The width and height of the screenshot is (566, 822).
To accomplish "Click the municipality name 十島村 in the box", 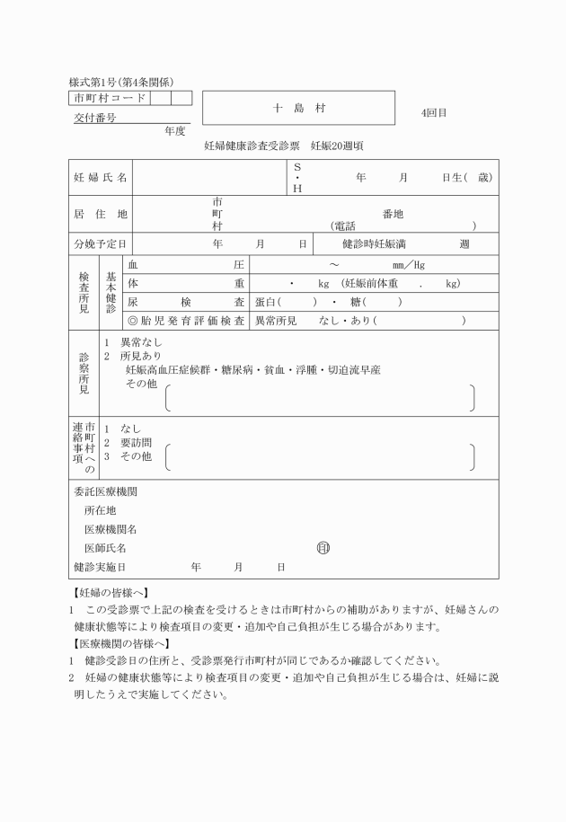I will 298,108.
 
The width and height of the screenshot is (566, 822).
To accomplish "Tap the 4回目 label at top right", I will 434,114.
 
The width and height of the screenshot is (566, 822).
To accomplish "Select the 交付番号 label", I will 94,118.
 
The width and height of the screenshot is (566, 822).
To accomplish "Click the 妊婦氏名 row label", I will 101,178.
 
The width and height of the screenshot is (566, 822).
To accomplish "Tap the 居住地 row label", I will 101,214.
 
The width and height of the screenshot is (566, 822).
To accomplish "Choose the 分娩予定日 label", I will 101,243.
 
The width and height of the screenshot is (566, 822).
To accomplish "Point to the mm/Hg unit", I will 409,265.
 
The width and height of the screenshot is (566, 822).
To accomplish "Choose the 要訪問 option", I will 136,442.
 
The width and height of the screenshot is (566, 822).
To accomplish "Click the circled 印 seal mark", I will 323,547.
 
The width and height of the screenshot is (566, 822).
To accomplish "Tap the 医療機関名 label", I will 111,529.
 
